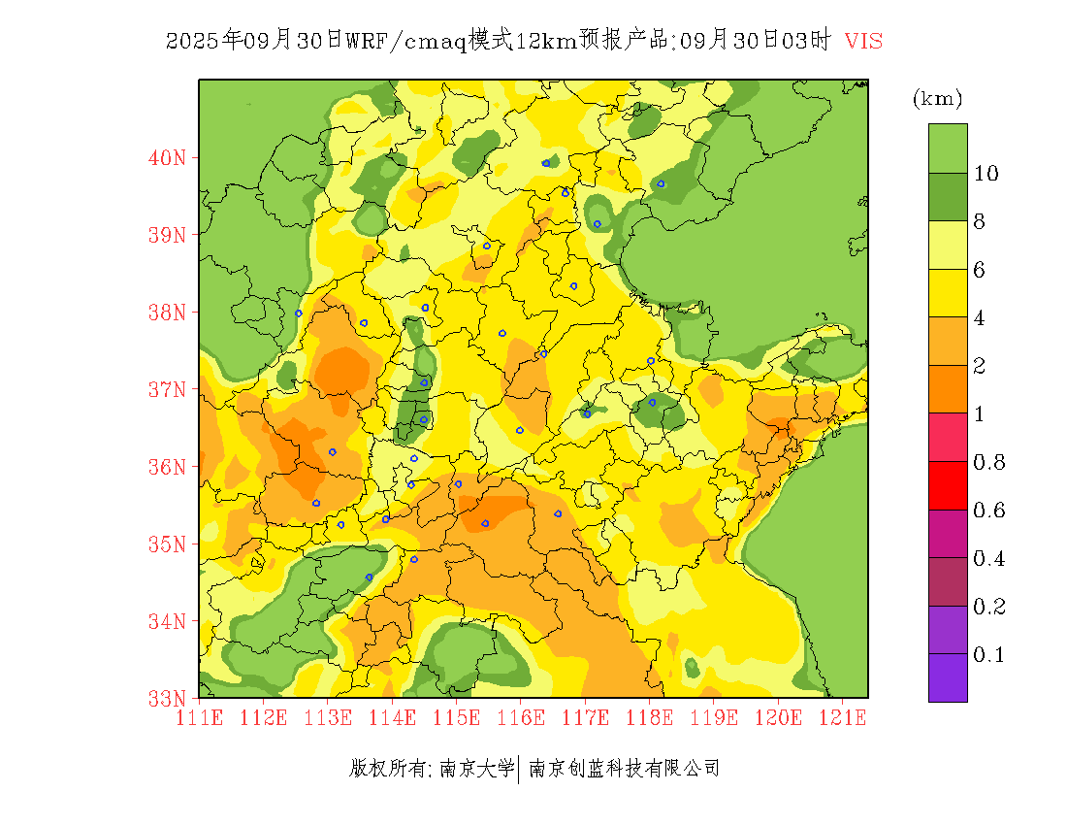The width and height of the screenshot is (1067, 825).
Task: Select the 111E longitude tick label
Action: tap(199, 718)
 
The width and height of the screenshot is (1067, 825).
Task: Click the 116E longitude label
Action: tap(520, 718)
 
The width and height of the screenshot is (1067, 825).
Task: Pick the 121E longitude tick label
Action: tap(842, 718)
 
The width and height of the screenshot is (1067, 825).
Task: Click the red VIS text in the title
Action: tap(863, 41)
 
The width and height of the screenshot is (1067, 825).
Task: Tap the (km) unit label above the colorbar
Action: tap(937, 98)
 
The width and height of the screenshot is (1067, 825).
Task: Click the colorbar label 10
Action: tap(986, 174)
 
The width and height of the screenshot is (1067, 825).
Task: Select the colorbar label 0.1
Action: tap(989, 655)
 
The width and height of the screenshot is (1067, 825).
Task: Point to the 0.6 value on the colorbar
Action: tap(989, 511)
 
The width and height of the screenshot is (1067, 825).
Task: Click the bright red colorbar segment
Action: tap(948, 485)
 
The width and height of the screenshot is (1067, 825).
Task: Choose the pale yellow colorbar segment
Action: tap(948, 245)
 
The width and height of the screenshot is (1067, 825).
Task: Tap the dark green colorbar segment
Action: tap(948, 197)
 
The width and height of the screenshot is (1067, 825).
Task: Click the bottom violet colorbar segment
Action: tap(948, 677)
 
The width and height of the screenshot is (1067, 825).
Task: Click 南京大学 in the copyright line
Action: tap(476, 769)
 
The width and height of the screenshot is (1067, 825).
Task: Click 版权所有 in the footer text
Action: tap(387, 769)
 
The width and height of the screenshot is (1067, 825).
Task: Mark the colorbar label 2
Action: tap(980, 366)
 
